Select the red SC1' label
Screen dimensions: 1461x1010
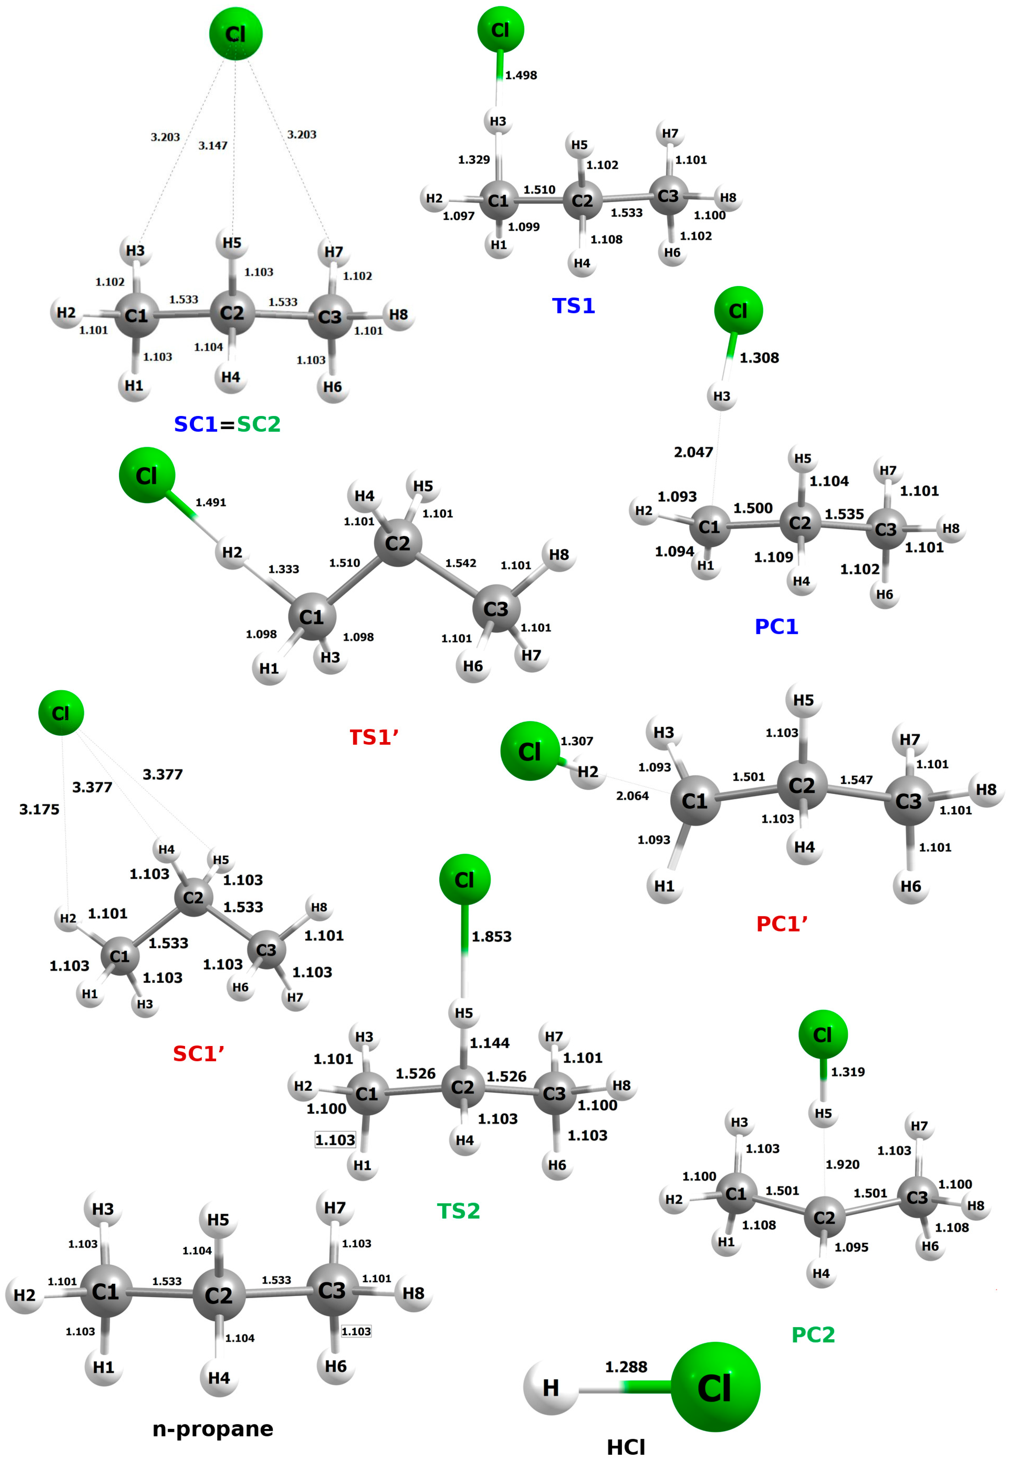[199, 1054]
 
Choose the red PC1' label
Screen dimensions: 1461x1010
[782, 924]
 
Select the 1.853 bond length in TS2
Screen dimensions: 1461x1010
[492, 936]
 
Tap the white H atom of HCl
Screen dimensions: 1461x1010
[550, 1388]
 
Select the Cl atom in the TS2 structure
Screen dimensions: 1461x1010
[464, 879]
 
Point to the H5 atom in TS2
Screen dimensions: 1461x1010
[464, 1013]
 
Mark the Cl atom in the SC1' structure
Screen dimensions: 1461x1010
[61, 713]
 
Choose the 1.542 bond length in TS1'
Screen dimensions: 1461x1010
[461, 563]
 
